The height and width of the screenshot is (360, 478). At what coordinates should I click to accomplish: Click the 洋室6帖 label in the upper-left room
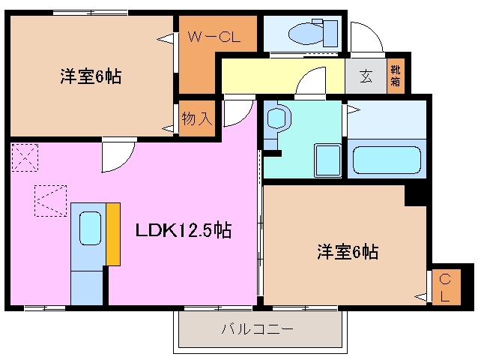[91, 76]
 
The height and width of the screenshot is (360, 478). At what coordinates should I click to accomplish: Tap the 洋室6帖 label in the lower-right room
[345, 252]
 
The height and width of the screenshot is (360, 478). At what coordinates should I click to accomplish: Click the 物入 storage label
[198, 118]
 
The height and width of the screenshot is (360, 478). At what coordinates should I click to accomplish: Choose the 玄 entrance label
[366, 76]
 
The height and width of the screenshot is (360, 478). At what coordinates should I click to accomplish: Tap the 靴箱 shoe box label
[395, 76]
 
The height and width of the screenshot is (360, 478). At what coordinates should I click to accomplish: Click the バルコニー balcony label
[257, 328]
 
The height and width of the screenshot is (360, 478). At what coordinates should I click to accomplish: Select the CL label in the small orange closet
[445, 289]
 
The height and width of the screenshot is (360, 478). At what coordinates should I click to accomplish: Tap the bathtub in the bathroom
[386, 160]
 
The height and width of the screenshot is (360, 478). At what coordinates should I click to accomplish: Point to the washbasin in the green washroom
[276, 119]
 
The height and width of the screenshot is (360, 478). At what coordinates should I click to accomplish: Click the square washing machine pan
[325, 159]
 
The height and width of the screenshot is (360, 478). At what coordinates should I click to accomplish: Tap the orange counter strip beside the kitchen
[113, 232]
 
